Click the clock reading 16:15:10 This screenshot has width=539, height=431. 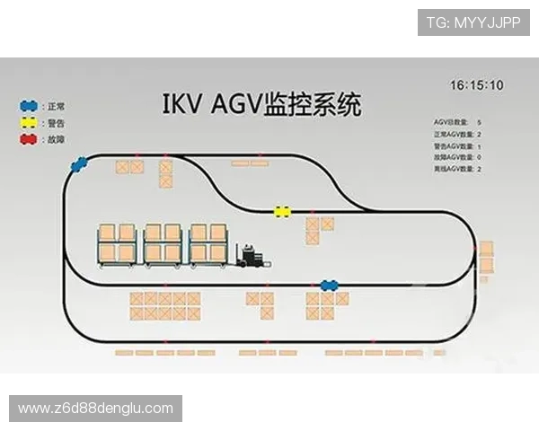[x=476, y=85]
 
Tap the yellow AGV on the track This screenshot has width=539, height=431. [x=282, y=212]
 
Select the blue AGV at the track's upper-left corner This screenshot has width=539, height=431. [x=81, y=163]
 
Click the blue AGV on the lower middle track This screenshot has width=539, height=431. [x=330, y=286]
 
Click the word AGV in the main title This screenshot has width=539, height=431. [x=234, y=104]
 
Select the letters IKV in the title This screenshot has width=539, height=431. [x=184, y=104]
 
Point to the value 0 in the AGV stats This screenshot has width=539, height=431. [x=480, y=156]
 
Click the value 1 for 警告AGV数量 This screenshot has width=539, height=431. [x=480, y=145]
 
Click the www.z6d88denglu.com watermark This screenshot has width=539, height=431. [x=96, y=409]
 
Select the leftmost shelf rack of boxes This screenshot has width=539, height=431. [x=117, y=242]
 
